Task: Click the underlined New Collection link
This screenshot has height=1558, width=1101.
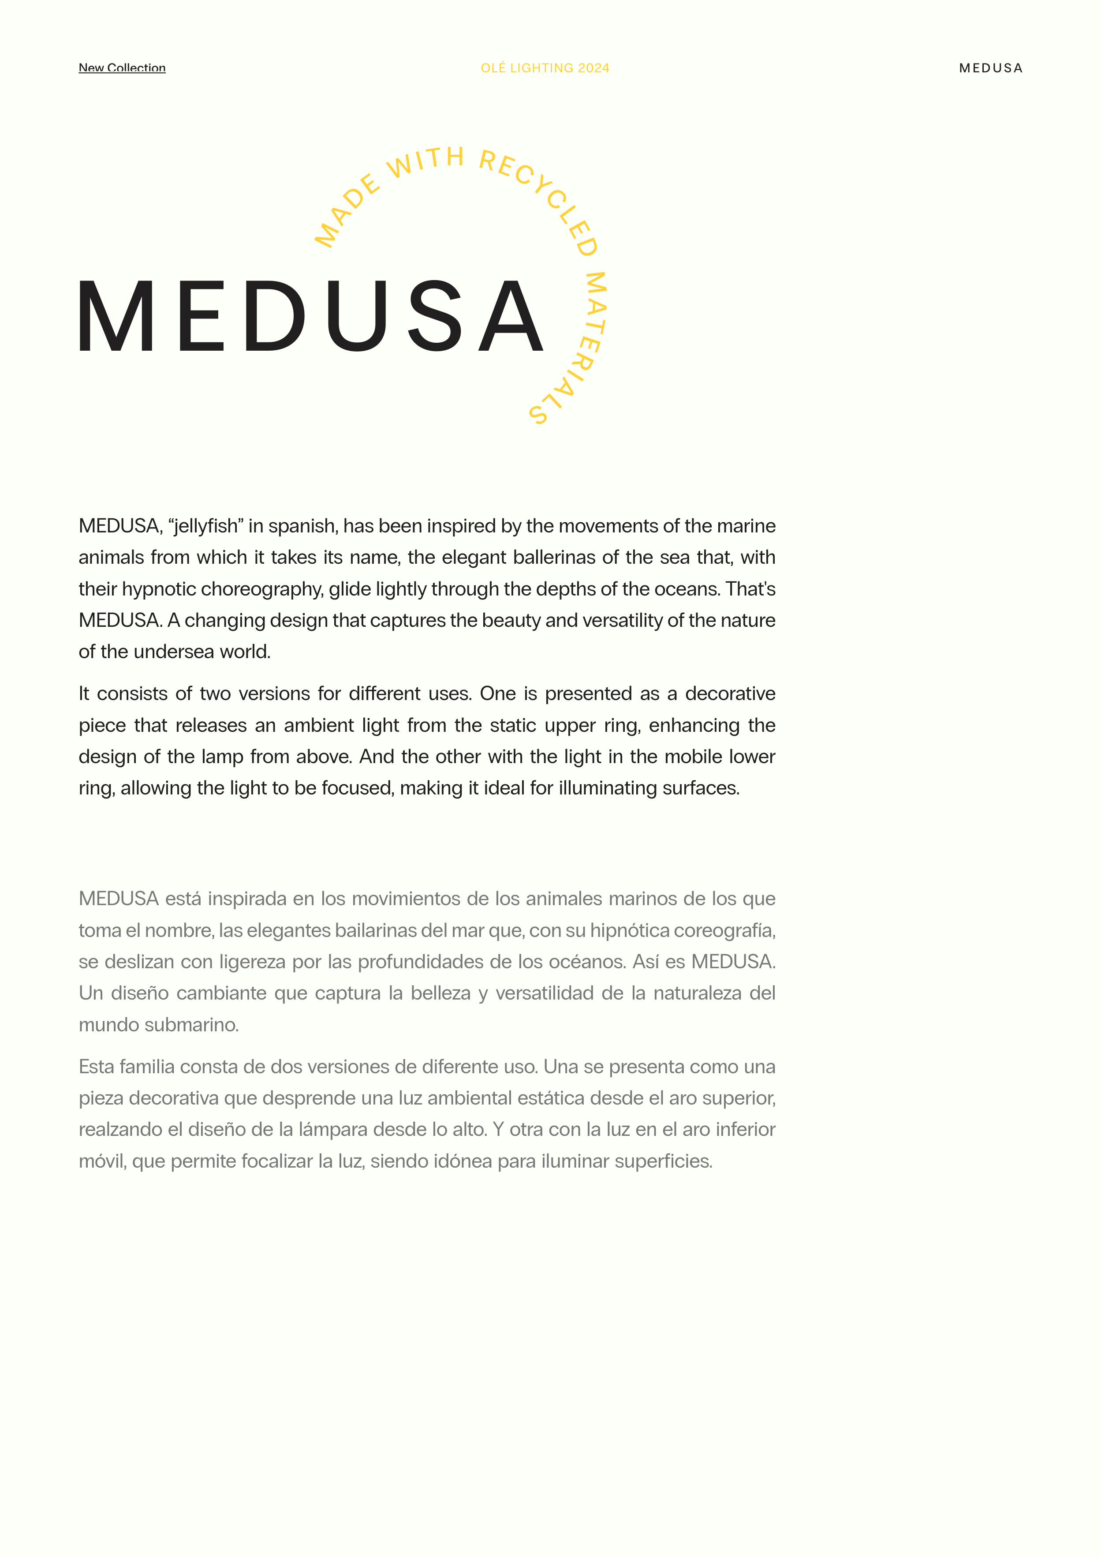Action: (x=122, y=68)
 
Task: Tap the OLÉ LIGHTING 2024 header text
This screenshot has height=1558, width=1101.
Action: (x=545, y=68)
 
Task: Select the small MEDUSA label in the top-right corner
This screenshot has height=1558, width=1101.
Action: (x=990, y=68)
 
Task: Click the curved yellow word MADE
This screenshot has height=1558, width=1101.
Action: (x=346, y=211)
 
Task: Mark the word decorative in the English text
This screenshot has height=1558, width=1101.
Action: (x=730, y=693)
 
